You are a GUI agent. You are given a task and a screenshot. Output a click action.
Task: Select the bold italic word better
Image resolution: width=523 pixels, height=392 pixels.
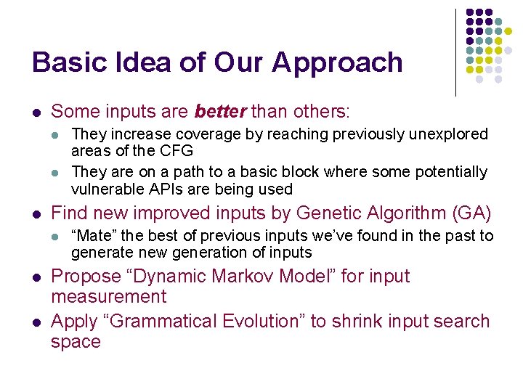point(221,112)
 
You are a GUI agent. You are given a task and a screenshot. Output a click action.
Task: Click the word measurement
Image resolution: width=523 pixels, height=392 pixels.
point(109,297)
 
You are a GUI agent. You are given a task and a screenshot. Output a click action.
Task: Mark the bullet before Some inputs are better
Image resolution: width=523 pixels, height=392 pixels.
point(36,113)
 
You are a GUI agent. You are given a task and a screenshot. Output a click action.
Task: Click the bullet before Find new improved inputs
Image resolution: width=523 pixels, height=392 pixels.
point(36,214)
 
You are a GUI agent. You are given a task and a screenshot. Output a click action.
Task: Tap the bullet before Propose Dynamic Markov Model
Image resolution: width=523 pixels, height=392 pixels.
point(36,277)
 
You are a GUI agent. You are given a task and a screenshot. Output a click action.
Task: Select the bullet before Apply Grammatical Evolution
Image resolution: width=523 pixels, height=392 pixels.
point(36,322)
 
